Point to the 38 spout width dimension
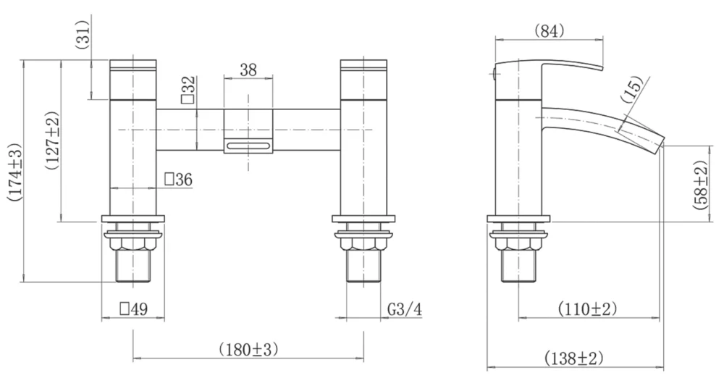(x=248, y=70)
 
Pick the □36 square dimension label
(x=178, y=180)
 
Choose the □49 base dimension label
(x=133, y=309)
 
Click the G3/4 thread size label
(x=404, y=309)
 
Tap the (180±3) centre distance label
(x=248, y=350)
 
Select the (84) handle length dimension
(x=549, y=30)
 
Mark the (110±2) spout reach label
(x=587, y=309)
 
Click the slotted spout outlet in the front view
(x=248, y=147)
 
